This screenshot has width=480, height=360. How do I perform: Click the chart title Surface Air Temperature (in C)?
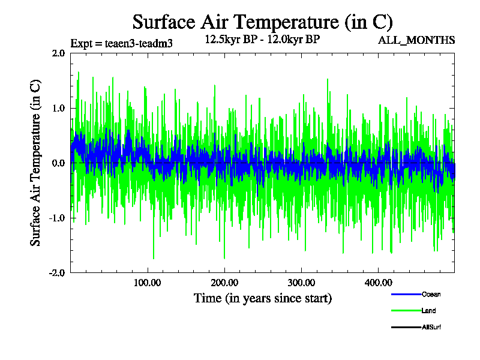click(262, 22)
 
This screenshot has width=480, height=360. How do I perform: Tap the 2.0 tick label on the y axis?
click(58, 53)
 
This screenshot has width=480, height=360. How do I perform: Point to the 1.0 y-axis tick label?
click(58, 108)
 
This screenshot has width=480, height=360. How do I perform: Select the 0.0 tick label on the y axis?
click(58, 163)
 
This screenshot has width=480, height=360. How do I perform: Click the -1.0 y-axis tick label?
click(56, 218)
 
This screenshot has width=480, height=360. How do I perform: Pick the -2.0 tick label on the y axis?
click(56, 272)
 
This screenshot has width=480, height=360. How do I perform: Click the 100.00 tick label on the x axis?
click(147, 282)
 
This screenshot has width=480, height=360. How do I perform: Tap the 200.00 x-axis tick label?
click(224, 282)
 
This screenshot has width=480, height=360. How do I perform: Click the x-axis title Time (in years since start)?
click(262, 298)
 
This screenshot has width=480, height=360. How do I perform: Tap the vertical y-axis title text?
click(36, 163)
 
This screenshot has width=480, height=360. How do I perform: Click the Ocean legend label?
click(431, 295)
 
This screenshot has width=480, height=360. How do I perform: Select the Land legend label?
click(428, 311)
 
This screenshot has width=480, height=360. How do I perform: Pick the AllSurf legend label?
click(432, 327)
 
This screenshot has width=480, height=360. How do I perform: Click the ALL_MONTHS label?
click(416, 40)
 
